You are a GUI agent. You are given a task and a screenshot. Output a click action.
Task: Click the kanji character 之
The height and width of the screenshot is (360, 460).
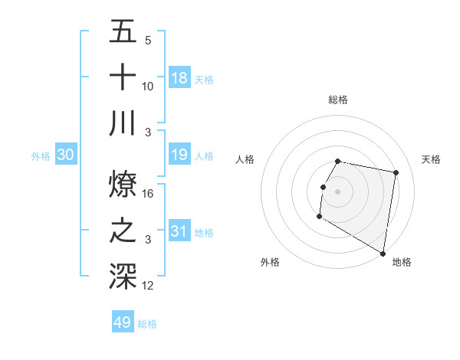click(123, 230)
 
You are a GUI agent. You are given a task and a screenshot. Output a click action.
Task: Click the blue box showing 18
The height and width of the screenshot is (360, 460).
click(179, 78)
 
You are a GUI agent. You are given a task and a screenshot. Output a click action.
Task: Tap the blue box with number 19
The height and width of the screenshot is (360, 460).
click(179, 155)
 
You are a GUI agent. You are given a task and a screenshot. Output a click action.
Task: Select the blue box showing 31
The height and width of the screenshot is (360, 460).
click(179, 231)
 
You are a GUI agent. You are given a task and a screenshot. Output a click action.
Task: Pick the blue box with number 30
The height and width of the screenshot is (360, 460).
click(66, 155)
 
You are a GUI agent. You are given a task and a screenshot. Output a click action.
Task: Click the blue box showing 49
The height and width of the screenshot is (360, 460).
click(123, 322)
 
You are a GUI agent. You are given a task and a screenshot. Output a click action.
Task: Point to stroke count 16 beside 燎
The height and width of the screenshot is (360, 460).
click(149, 194)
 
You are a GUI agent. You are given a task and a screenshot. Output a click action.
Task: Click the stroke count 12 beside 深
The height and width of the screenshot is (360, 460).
click(149, 286)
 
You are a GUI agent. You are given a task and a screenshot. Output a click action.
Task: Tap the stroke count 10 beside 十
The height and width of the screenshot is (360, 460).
click(149, 87)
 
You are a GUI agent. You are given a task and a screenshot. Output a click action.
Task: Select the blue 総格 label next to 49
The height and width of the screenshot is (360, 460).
click(148, 324)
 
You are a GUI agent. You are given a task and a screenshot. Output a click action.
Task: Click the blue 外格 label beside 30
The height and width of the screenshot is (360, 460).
click(41, 156)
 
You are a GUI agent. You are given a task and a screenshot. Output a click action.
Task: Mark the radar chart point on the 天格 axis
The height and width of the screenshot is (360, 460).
click(396, 173)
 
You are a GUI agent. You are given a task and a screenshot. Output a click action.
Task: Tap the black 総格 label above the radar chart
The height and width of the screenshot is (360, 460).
click(338, 100)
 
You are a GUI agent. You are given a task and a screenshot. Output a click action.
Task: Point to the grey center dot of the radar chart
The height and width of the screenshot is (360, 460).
click(338, 191)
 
